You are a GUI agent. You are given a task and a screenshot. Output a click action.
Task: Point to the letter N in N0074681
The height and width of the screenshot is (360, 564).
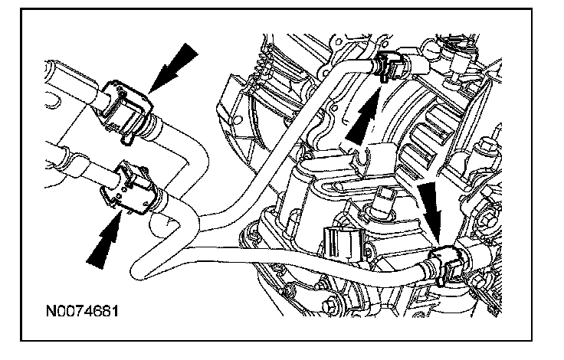pyautogui.click(x=51, y=313)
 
